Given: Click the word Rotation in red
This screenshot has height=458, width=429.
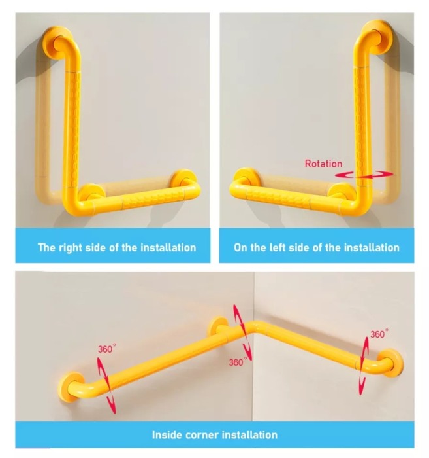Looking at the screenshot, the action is click(323, 164).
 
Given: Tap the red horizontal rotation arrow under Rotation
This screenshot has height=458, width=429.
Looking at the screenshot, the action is click(364, 175).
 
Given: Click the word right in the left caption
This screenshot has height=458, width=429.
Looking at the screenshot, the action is click(71, 248).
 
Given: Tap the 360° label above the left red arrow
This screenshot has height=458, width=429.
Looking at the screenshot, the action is click(106, 349).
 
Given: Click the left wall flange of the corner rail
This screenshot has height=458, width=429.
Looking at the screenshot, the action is click(69, 387).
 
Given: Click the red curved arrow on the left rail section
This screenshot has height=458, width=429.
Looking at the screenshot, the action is click(107, 385).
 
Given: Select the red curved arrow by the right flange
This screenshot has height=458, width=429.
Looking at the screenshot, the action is click(364, 366).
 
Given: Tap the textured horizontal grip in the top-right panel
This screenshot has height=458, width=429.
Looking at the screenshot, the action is click(278, 199).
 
